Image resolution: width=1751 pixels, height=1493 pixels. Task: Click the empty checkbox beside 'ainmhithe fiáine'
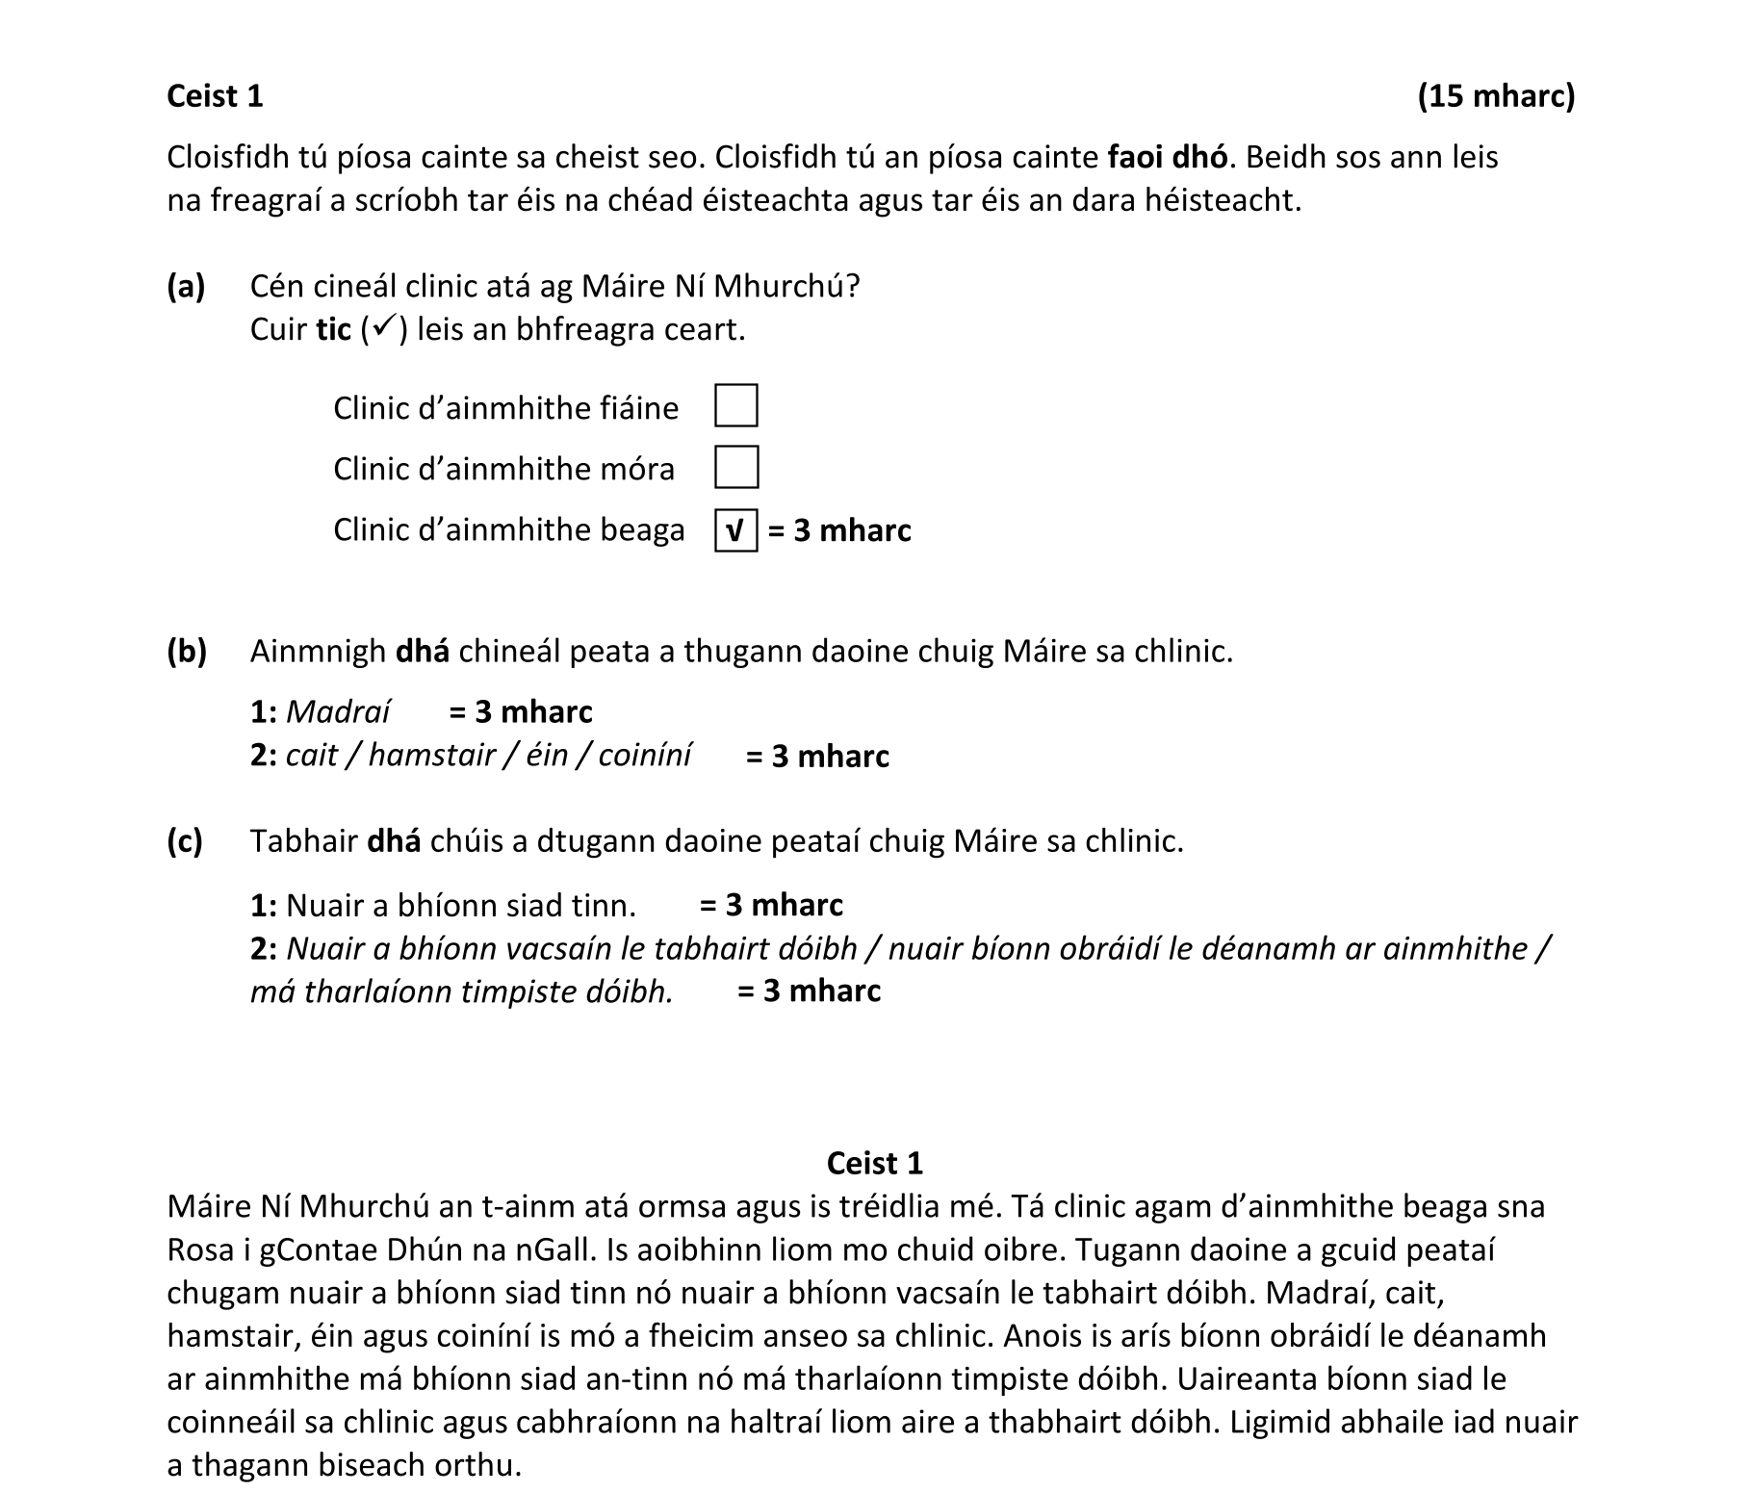(735, 405)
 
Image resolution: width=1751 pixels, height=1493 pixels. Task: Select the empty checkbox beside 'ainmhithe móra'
(735, 467)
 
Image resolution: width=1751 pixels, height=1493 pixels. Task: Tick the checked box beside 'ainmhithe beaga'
(735, 530)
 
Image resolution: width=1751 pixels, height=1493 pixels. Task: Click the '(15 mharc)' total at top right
(1496, 96)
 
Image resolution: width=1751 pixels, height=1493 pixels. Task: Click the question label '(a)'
(186, 286)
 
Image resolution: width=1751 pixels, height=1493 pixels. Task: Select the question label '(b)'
(186, 652)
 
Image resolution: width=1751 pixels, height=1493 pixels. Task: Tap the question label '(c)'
(185, 841)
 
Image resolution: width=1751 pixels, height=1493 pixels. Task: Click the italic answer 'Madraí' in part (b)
(338, 711)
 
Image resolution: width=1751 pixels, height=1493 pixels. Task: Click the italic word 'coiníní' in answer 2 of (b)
(644, 756)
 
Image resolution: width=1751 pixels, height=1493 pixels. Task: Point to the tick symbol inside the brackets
(383, 329)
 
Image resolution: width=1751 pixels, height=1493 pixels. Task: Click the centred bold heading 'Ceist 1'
(874, 1163)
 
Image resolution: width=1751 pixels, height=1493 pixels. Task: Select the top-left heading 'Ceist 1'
(215, 96)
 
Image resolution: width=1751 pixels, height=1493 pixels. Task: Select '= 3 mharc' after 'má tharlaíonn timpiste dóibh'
(809, 991)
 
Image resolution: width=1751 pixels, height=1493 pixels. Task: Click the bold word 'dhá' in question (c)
(395, 841)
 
